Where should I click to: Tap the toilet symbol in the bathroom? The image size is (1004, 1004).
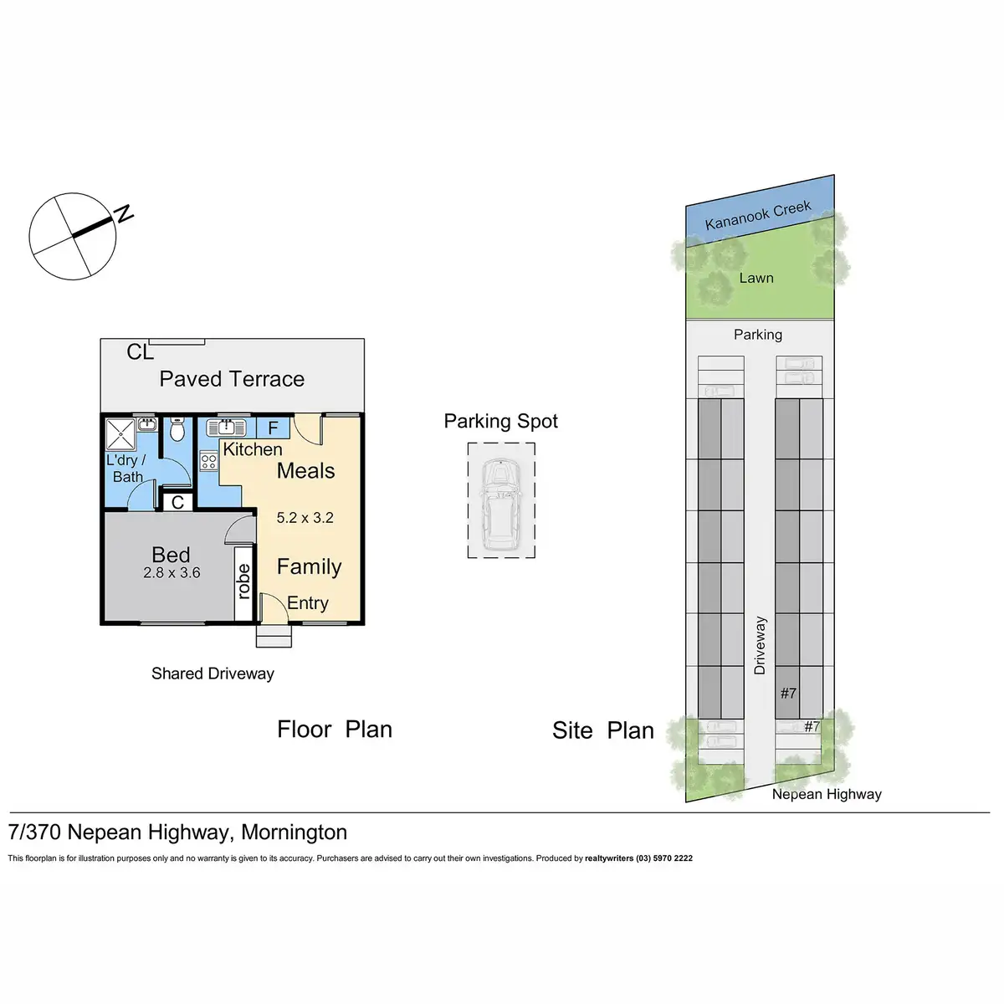pos(177,430)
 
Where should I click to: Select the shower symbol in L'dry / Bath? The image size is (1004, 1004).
pos(122,433)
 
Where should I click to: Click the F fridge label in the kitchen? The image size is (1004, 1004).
pos(273,428)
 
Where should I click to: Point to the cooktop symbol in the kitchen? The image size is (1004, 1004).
pos(208,461)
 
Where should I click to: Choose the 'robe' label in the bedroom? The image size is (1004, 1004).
pos(243,581)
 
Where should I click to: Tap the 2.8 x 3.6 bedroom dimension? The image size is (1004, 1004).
pos(172,573)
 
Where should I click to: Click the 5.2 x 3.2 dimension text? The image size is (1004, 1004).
pos(305,518)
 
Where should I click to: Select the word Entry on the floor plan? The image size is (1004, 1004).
pos(308,603)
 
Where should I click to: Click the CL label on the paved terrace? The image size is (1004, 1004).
pos(140,352)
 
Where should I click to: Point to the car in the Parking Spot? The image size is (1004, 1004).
pos(501,505)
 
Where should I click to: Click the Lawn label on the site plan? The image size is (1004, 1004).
pos(756,278)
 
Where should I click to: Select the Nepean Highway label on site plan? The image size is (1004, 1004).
pos(827,794)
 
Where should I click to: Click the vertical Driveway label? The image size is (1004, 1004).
pos(760,645)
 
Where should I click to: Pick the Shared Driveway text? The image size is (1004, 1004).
pos(213,674)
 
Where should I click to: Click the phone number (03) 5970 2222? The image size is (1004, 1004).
pos(664,858)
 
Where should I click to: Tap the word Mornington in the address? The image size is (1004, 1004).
pos(294,832)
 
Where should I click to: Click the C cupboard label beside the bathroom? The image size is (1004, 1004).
pos(177,503)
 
